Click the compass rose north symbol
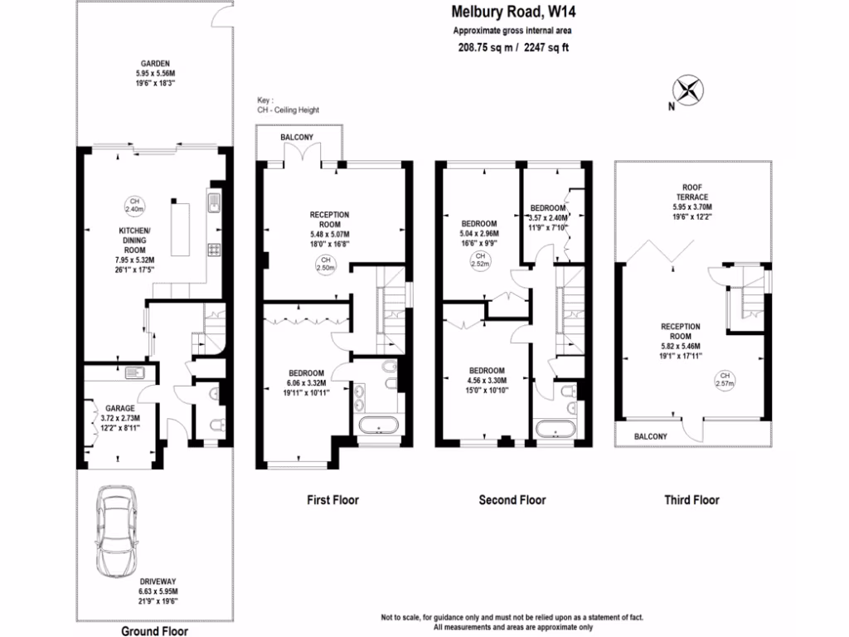pyautogui.click(x=687, y=90)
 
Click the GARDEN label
pyautogui.click(x=155, y=63)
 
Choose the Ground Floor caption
pyautogui.click(x=154, y=631)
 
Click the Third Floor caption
pyautogui.click(x=691, y=500)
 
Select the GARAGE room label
pyautogui.click(x=119, y=408)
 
